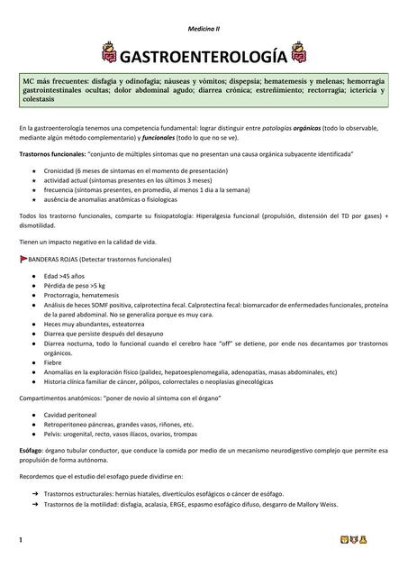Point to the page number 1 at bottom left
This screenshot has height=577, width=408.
19,541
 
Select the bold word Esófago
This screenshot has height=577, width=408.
32,448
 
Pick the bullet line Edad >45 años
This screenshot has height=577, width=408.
64,273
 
